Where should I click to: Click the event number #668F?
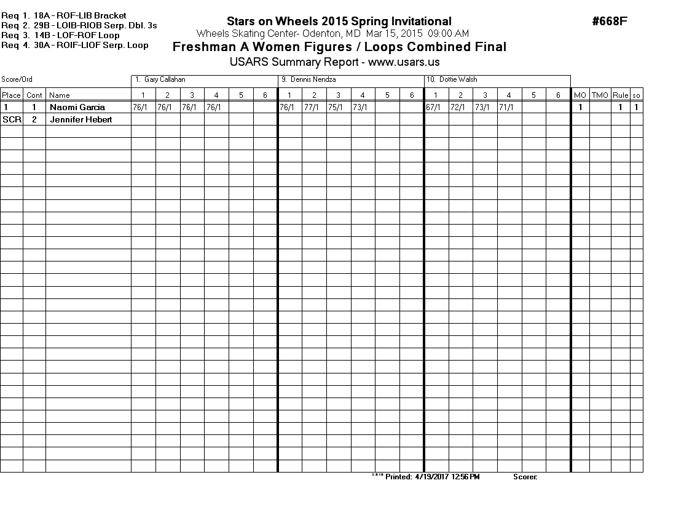pos(610,22)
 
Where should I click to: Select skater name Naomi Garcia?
pos(77,107)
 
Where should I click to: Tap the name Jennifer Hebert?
pos(81,119)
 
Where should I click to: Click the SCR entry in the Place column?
pos(12,119)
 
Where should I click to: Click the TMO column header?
pos(600,95)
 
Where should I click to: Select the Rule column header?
pos(620,95)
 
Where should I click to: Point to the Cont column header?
pos(34,95)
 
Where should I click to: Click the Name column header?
pos(60,95)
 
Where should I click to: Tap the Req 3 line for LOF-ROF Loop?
pos(61,36)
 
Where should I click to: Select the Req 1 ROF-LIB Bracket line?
pos(64,15)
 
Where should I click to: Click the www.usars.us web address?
pos(404,62)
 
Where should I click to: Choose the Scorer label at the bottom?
pos(525,477)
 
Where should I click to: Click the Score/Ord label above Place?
pos(17,80)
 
